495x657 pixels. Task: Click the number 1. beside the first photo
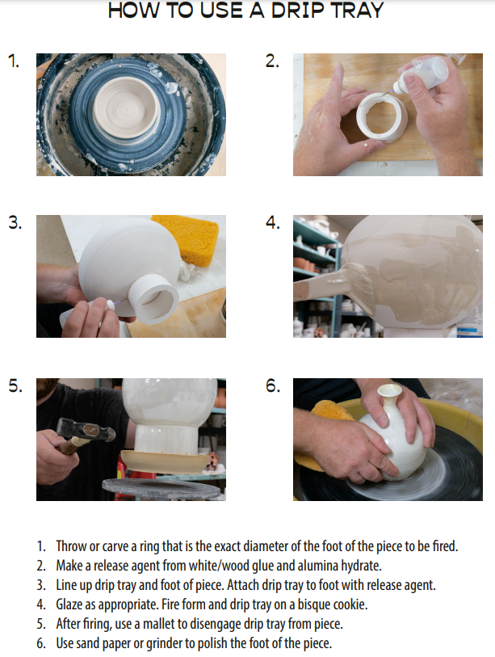coord(14,61)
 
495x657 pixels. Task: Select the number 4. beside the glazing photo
coord(273,222)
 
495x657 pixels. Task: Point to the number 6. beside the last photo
coord(273,386)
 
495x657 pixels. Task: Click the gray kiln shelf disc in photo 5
coord(162,489)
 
